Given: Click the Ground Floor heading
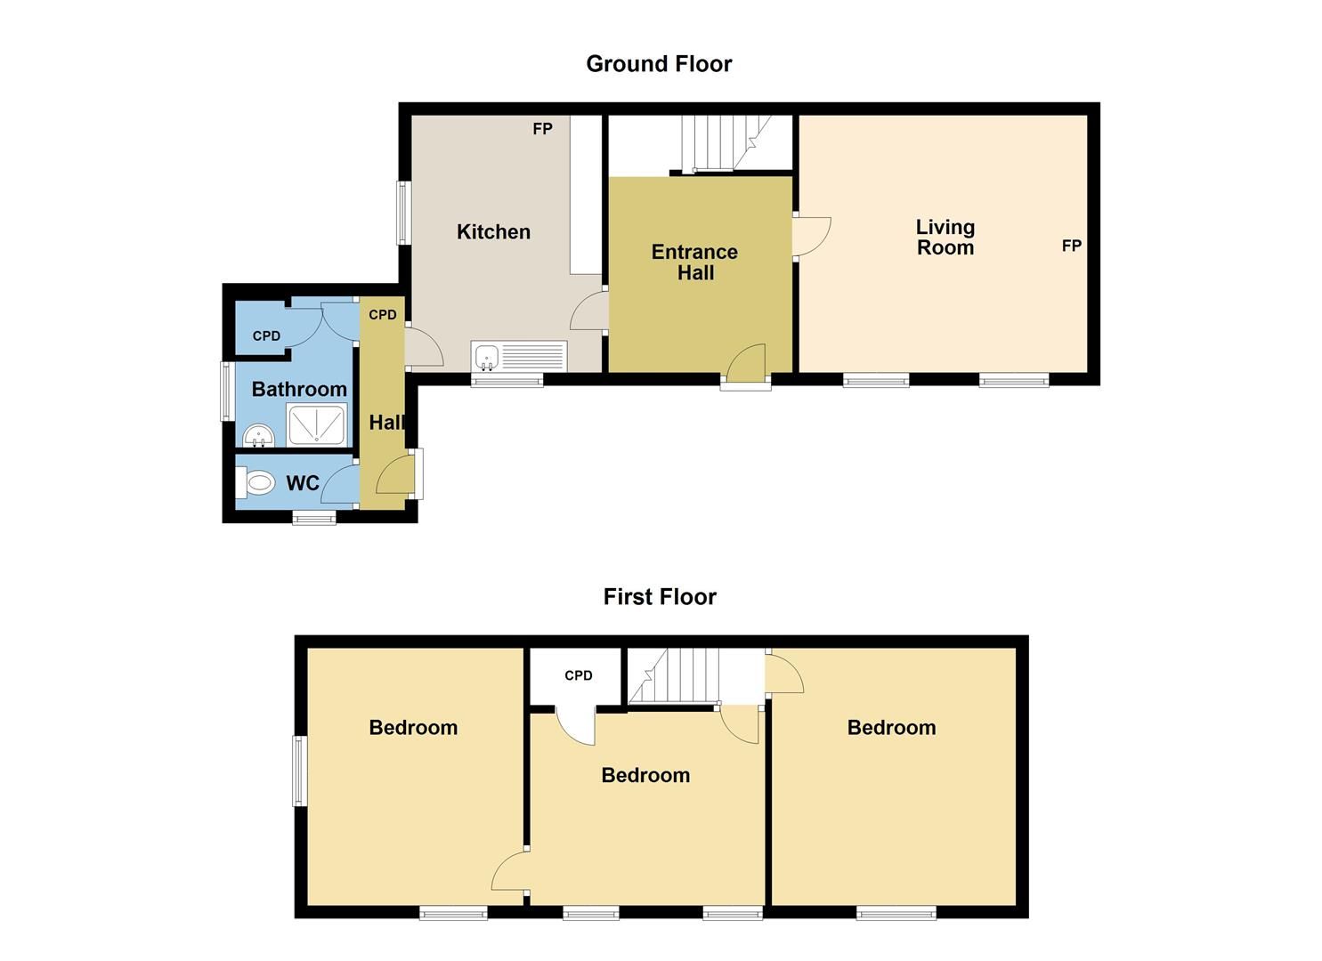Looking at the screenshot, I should coord(659,64).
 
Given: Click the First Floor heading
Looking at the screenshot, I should coord(660,596).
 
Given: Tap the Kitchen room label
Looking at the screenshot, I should coord(493,232).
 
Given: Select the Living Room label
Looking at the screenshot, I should coord(945,238).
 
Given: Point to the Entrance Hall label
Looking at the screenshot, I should coord(695,262).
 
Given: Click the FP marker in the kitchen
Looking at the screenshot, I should coord(542,129).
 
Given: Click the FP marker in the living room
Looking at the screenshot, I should coord(1072,246).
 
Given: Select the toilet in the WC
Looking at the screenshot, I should coord(257,483).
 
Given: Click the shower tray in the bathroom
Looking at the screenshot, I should coord(316,424).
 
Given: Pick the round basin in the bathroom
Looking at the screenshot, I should coord(259,436).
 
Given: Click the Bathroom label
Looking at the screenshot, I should coord(299,389).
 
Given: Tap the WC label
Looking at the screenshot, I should coord(303,483).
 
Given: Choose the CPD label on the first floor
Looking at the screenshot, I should coord(578,675).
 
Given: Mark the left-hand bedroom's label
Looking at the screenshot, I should coord(413,728).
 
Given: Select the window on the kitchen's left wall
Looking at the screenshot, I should coord(403,213).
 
